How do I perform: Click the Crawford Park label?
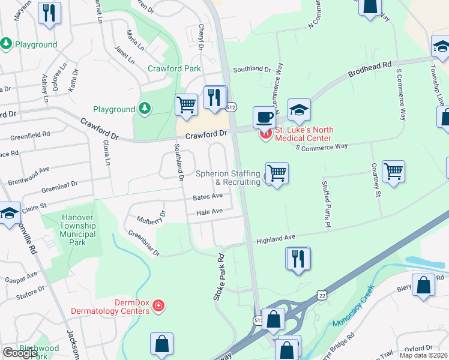tap(175, 68)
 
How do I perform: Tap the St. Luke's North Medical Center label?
tap(303, 134)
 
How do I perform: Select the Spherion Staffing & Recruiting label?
tap(228, 178)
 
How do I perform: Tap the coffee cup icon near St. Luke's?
tap(264, 116)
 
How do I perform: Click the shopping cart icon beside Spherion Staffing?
tap(277, 173)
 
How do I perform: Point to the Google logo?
tap(20, 353)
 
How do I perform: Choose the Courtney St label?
tap(377, 188)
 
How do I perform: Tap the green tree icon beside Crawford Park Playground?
tap(144, 109)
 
